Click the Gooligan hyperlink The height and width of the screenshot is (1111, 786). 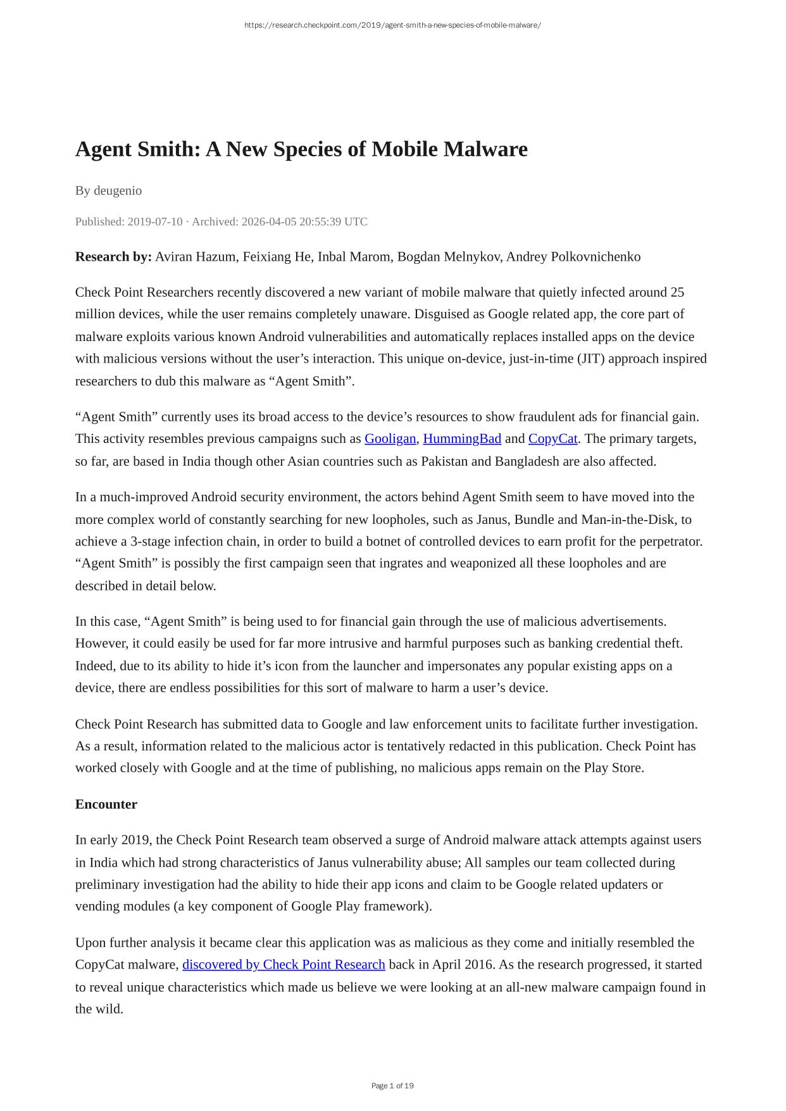click(x=390, y=439)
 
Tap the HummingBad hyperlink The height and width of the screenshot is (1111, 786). click(x=462, y=439)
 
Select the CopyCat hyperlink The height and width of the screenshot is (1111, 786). click(x=552, y=439)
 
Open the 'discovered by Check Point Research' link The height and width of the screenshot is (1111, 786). click(x=284, y=965)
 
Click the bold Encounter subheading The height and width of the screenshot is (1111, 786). click(x=106, y=805)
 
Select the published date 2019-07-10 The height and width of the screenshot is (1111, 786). click(x=154, y=222)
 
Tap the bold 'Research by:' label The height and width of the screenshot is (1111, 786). click(x=113, y=257)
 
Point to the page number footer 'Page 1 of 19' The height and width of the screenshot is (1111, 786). click(x=392, y=1086)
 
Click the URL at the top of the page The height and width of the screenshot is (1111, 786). click(x=392, y=25)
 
